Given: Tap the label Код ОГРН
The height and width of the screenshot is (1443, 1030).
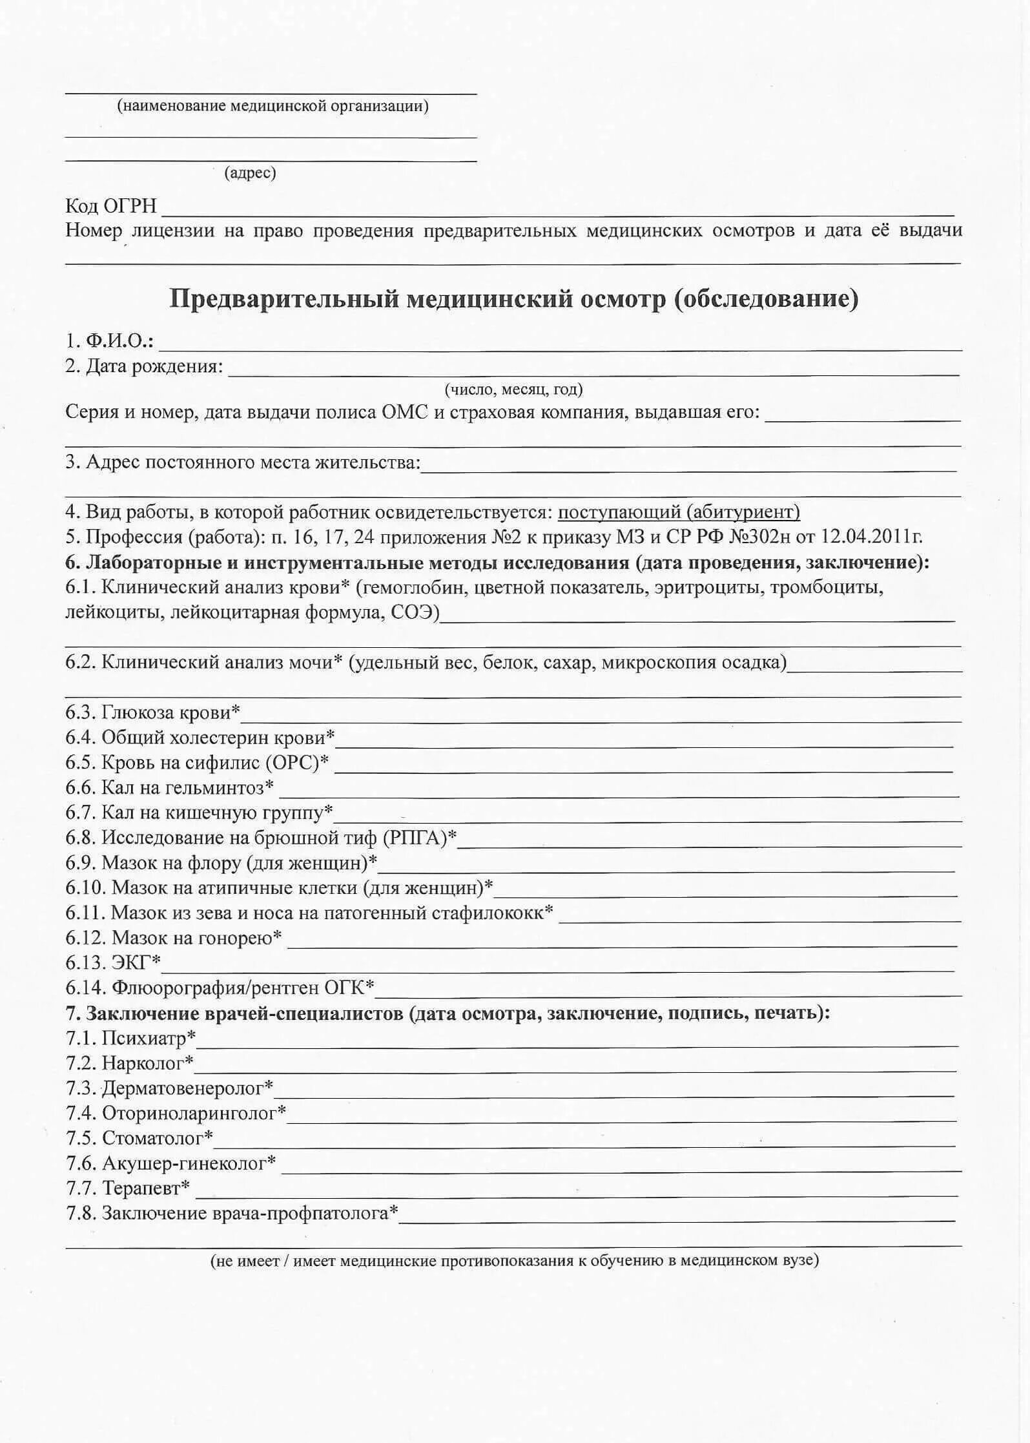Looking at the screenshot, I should [110, 206].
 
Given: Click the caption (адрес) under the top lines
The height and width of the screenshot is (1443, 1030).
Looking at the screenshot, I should [250, 173].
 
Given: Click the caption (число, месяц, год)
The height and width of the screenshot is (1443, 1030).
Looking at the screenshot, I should [513, 389].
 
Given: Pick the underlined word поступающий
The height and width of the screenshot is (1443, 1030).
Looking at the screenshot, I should [619, 512].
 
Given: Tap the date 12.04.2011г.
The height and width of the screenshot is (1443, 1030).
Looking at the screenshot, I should [871, 537].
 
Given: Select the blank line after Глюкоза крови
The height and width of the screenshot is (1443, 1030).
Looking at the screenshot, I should [601, 720].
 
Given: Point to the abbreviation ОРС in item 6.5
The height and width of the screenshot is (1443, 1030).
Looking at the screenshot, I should [292, 763].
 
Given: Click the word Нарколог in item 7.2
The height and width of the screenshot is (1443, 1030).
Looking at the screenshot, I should [142, 1063].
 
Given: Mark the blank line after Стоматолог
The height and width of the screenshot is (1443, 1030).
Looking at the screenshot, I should [584, 1145].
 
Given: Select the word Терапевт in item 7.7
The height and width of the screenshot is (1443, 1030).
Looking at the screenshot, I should [141, 1188].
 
